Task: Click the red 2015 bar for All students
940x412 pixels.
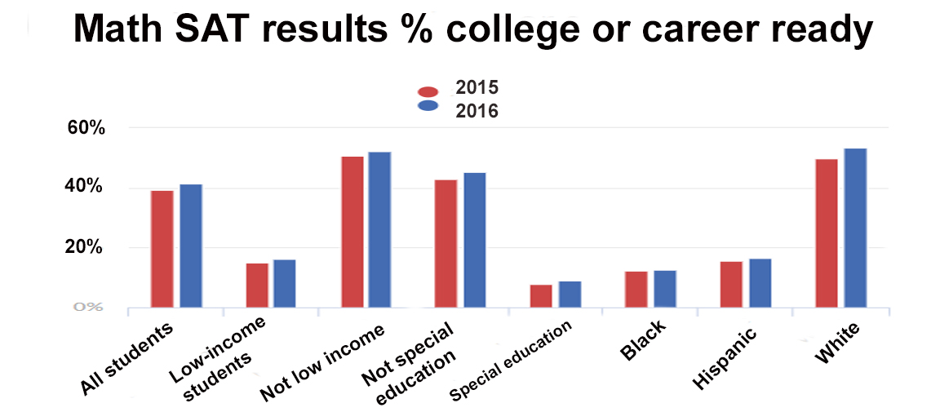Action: click(x=163, y=249)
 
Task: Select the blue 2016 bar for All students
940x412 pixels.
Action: click(x=191, y=246)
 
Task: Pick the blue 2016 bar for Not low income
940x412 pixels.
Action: click(x=379, y=230)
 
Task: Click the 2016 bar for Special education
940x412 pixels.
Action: click(x=570, y=295)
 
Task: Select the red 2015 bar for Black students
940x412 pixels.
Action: click(x=636, y=290)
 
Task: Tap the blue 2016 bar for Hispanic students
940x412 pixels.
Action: click(x=760, y=283)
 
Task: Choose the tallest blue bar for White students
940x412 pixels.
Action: click(x=855, y=228)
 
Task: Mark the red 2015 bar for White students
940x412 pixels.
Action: click(x=827, y=233)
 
